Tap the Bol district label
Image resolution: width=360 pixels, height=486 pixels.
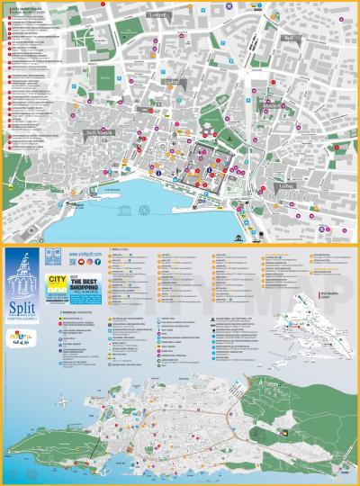[x=289, y=39]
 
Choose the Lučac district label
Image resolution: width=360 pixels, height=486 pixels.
[x=286, y=185]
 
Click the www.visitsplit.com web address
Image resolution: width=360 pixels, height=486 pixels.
[x=82, y=255]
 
